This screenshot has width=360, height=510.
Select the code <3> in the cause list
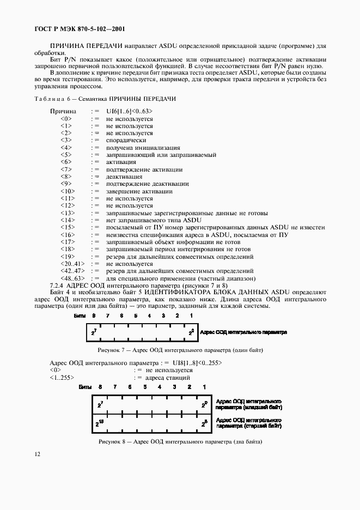66,140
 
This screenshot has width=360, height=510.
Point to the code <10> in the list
68,191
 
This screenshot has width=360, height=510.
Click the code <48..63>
72,278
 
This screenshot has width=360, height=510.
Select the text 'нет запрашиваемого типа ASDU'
147,220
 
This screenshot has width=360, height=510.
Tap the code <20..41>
72,264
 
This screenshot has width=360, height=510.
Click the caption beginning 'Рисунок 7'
180,350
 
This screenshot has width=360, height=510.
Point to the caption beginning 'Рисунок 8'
180,441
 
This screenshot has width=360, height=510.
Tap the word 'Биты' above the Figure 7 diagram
81,315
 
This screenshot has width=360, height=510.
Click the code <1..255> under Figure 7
62,377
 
